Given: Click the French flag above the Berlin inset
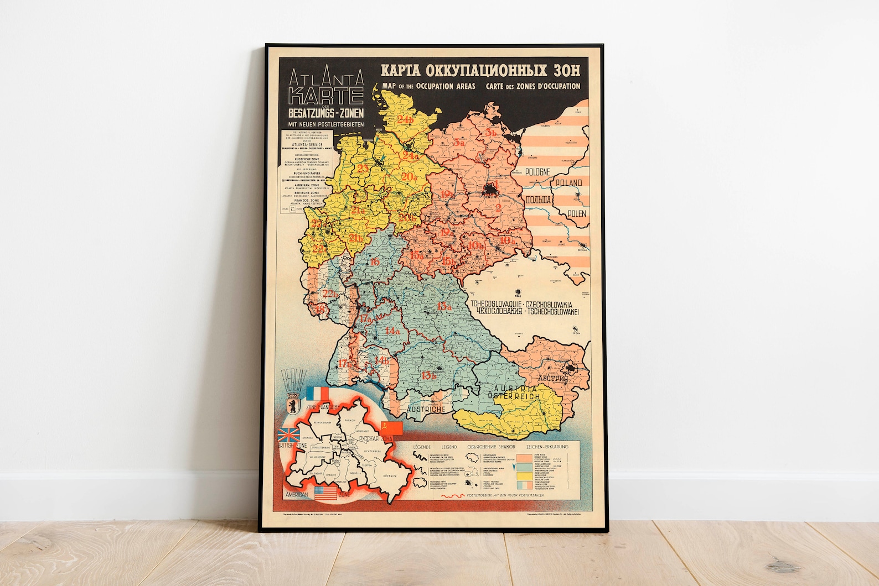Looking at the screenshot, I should click(x=317, y=394).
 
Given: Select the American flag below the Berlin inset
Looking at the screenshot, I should click(x=325, y=493).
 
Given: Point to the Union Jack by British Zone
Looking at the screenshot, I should click(x=289, y=435).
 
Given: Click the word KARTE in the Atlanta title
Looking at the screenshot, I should click(x=327, y=96).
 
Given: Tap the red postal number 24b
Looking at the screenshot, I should click(x=406, y=119).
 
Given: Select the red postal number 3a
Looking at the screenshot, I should click(x=459, y=143).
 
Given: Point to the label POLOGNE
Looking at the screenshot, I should click(x=537, y=172).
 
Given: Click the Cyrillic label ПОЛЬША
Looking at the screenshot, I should click(x=537, y=200).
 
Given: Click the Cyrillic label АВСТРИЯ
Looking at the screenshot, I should click(x=553, y=379).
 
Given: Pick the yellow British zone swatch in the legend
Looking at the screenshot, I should click(x=524, y=475).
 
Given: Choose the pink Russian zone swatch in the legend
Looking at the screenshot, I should click(x=524, y=458).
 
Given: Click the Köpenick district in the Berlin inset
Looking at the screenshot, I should click(x=391, y=477).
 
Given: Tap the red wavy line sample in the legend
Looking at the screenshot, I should click(x=452, y=496).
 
